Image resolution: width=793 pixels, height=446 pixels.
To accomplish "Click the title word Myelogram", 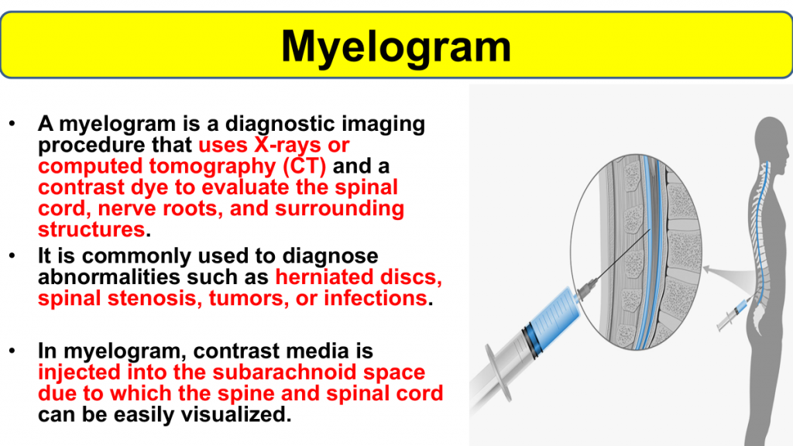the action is pos(396,47).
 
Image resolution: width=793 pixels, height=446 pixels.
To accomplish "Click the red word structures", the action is pos(91,230).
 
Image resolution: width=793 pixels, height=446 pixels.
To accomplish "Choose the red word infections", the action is pos(376,298).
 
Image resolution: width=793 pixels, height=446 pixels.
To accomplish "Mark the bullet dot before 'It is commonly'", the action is pos(12,256).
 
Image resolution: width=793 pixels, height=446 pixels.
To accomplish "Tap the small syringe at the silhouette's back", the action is pos(734,314).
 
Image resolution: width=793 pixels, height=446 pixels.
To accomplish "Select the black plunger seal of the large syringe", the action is pos(530,340).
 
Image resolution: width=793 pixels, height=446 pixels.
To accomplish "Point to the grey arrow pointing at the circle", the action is pos(728,276).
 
